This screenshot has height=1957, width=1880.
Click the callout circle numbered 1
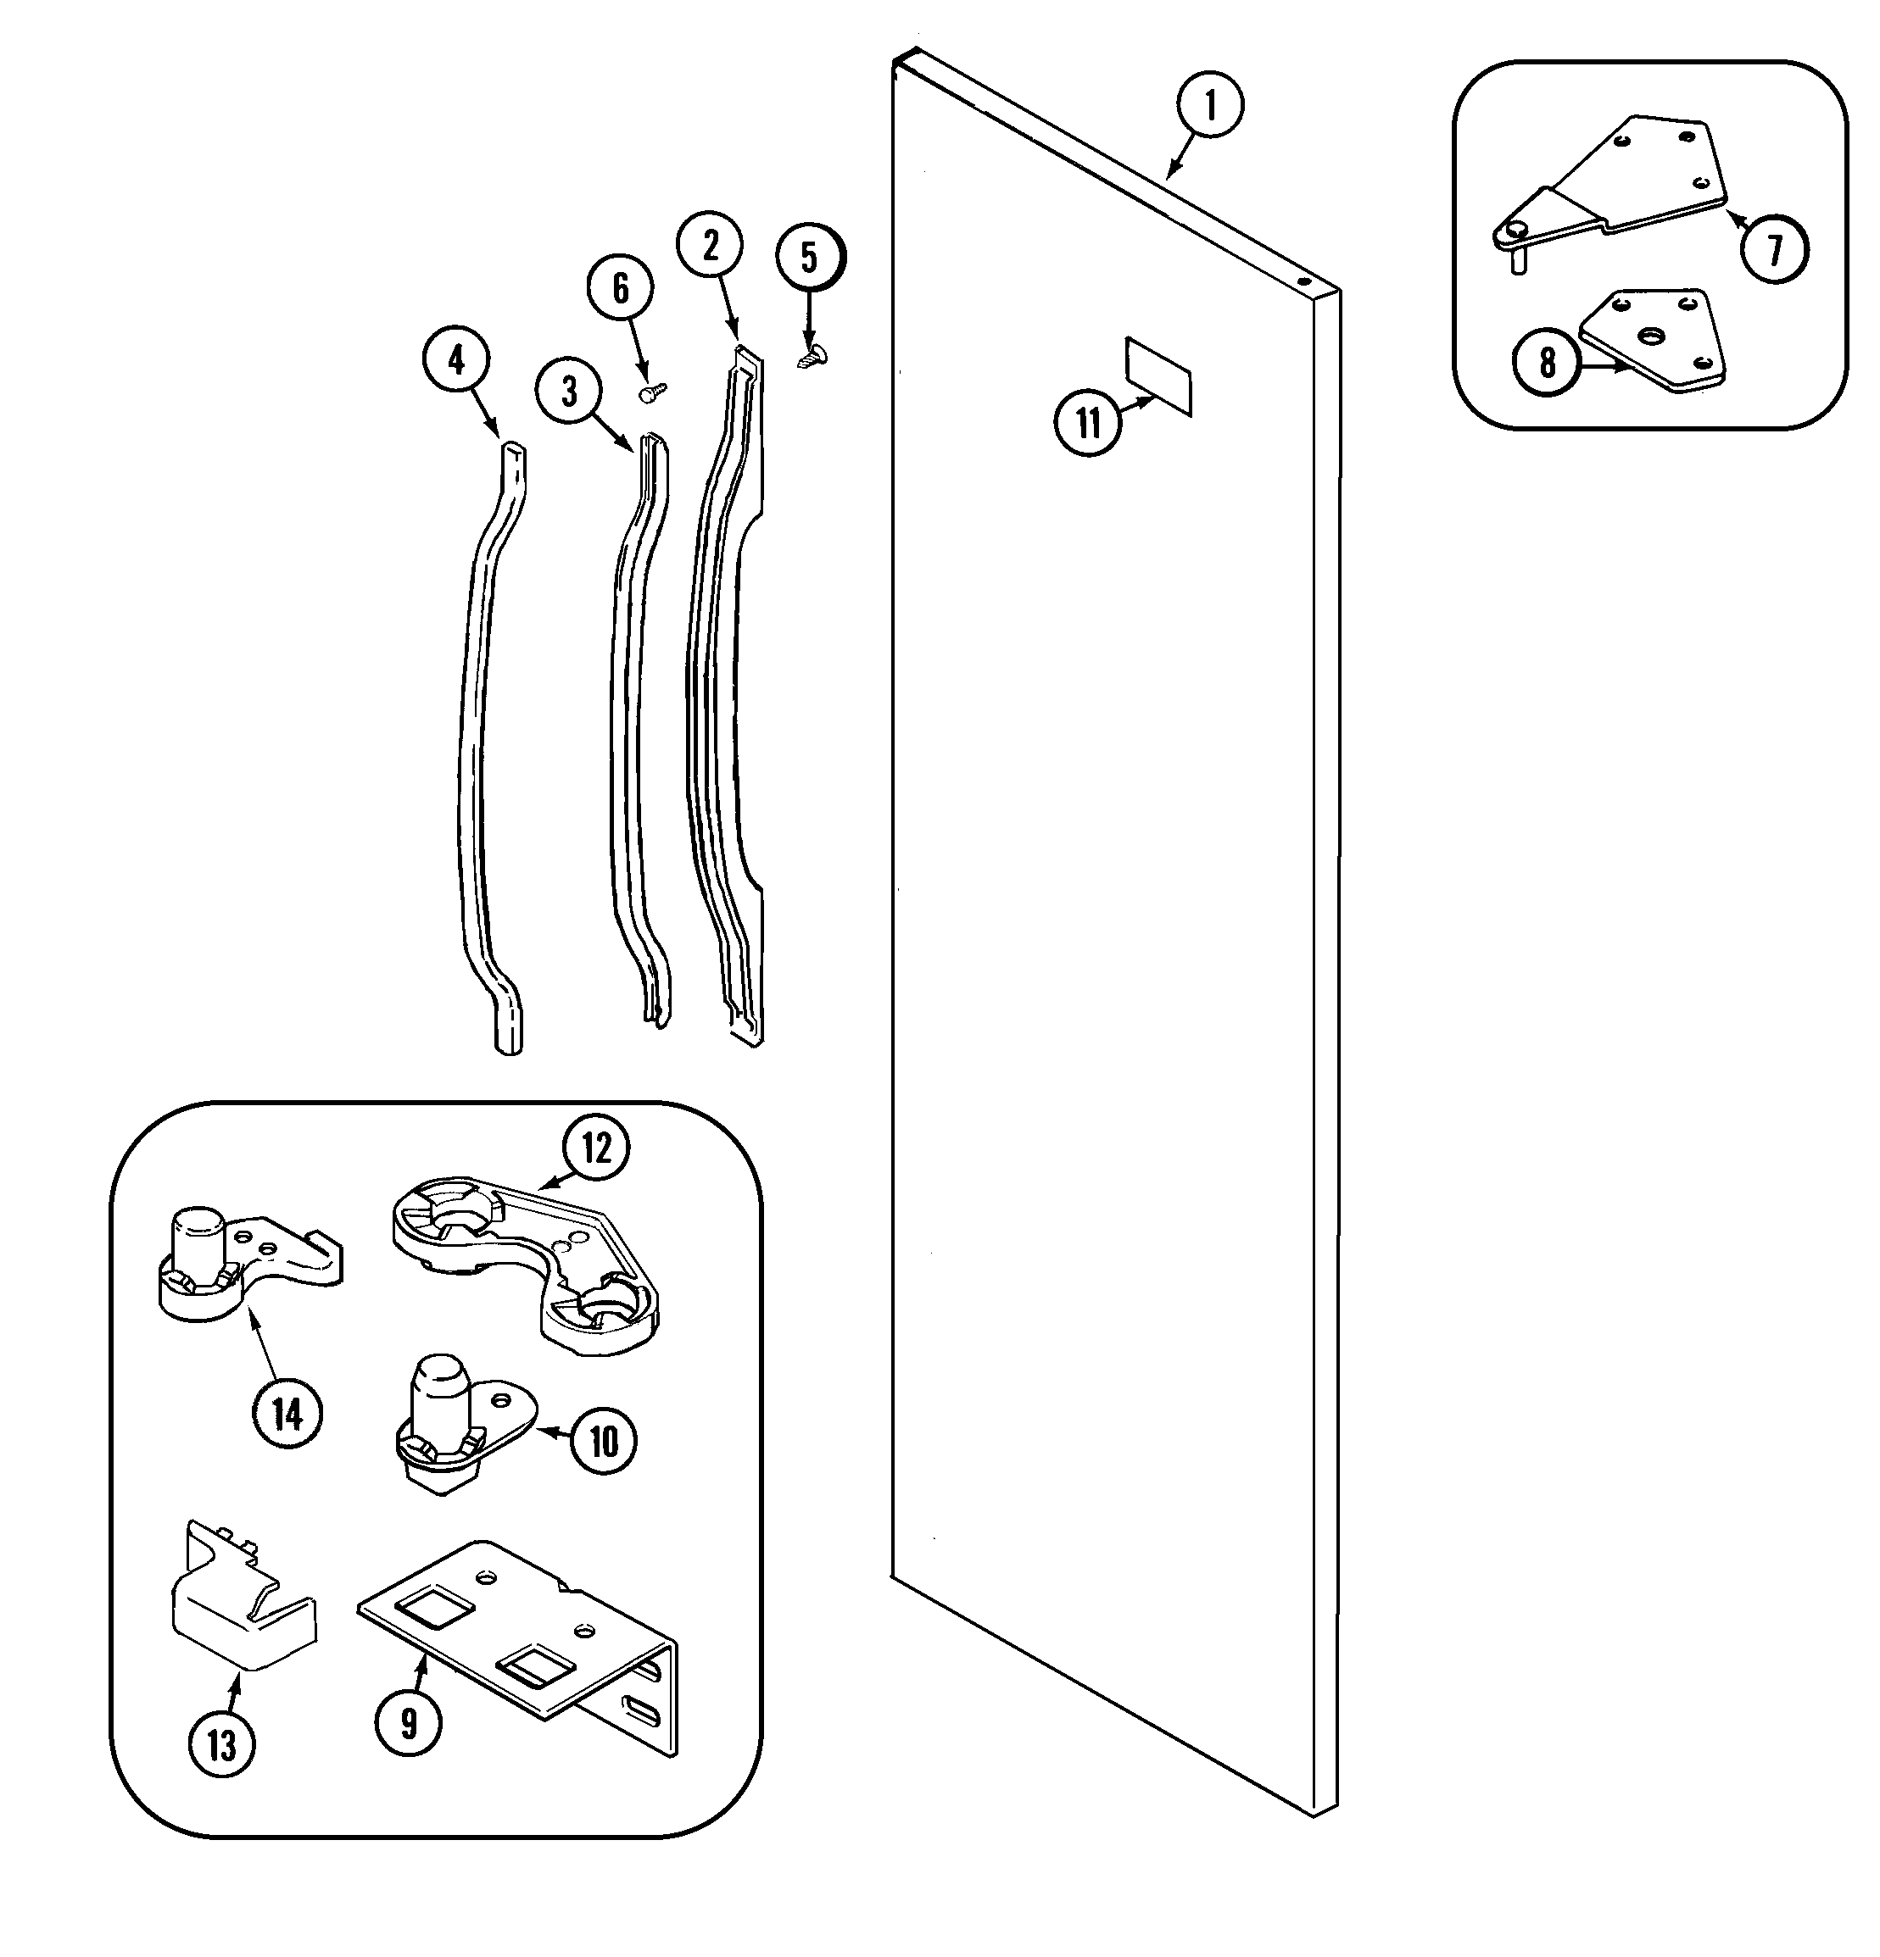pyautogui.click(x=1210, y=105)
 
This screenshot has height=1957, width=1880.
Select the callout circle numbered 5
pyautogui.click(x=809, y=257)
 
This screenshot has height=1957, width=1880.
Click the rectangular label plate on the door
pyautogui.click(x=1158, y=375)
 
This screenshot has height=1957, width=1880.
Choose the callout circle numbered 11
pyautogui.click(x=1087, y=422)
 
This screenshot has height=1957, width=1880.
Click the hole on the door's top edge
pyautogui.click(x=1304, y=281)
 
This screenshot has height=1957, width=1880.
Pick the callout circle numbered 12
pyautogui.click(x=595, y=1148)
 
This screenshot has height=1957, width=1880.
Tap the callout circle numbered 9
pyautogui.click(x=409, y=1721)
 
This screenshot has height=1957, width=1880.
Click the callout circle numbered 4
pyautogui.click(x=456, y=359)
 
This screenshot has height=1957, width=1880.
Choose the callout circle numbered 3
pyautogui.click(x=568, y=391)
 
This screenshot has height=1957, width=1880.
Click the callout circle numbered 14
pyautogui.click(x=287, y=1413)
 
